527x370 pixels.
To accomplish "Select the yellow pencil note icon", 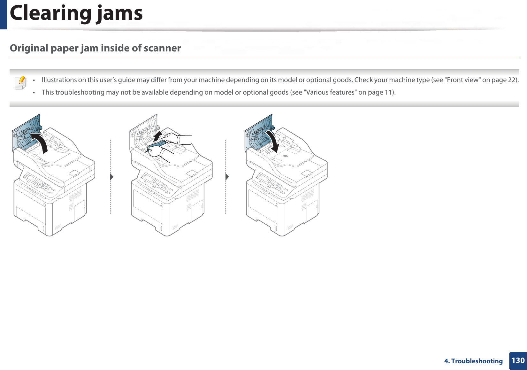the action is point(21,82).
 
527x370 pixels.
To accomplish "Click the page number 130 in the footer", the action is point(518,361).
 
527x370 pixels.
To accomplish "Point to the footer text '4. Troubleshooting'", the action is point(473,361).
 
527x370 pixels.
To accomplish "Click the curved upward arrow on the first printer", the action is point(40,142).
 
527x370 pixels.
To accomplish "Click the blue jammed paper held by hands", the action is point(157,145).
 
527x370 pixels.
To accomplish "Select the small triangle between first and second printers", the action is point(111,177).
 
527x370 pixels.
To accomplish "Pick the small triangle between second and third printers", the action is point(227,177).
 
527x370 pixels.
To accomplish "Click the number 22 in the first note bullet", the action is point(512,80).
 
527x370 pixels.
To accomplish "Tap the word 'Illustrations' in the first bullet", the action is point(59,80).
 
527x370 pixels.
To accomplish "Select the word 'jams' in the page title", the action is point(120,13).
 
